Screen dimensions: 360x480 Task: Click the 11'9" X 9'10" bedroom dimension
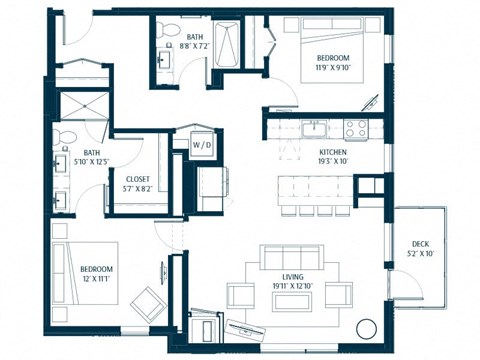(333, 69)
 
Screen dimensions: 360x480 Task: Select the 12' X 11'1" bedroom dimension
(97, 279)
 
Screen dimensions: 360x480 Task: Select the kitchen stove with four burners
(354, 127)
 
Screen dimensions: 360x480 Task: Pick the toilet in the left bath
(61, 138)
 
